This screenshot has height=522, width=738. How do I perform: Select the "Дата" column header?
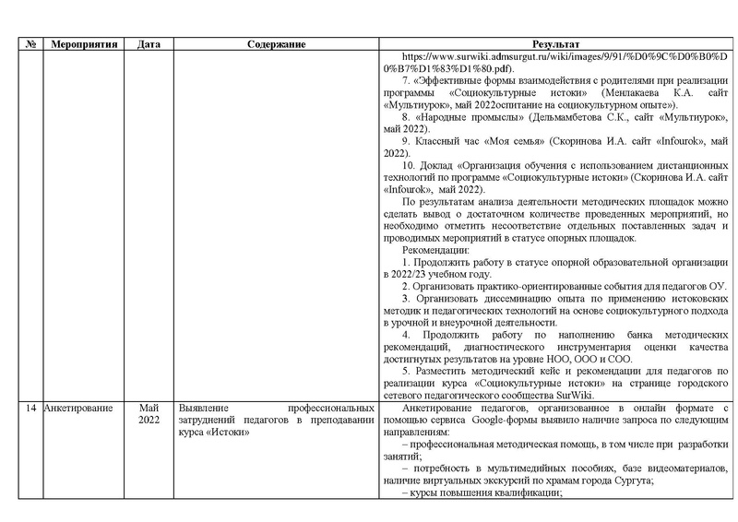pos(148,44)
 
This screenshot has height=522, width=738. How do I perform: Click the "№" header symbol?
pos(30,44)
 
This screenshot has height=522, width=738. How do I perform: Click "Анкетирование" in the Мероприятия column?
pos(78,407)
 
